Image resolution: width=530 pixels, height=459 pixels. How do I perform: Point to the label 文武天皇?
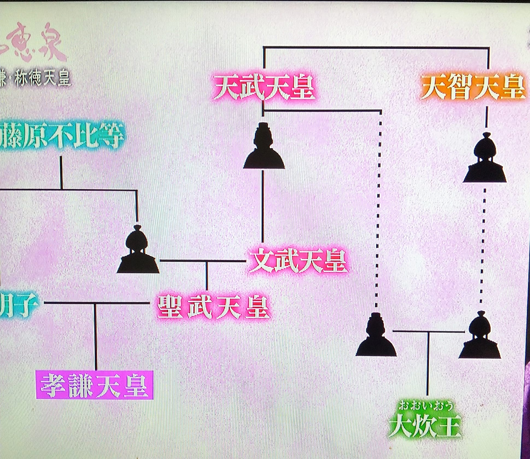pyautogui.click(x=298, y=261)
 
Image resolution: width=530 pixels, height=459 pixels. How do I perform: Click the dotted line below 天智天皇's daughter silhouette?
pyautogui.click(x=483, y=246)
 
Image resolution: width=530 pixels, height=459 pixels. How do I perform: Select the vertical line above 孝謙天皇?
pyautogui.click(x=95, y=336)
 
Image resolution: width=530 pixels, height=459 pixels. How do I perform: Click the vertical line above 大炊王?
pyautogui.click(x=427, y=364)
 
